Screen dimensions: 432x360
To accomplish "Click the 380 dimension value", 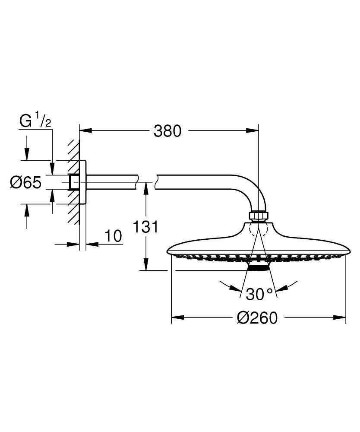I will (x=167, y=130).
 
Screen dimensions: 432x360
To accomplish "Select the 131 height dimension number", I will (x=146, y=226).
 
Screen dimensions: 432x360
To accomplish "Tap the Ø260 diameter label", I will (x=257, y=318).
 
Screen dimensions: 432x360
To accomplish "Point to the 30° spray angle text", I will (x=260, y=294).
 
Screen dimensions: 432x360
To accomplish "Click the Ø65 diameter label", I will (x=26, y=183).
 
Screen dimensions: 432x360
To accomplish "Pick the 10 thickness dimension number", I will (x=113, y=236).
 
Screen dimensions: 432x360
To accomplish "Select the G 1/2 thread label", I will (x=36, y=121).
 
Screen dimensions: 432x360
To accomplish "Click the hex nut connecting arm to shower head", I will (x=258, y=216).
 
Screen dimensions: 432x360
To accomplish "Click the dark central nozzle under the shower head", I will (x=258, y=268).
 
